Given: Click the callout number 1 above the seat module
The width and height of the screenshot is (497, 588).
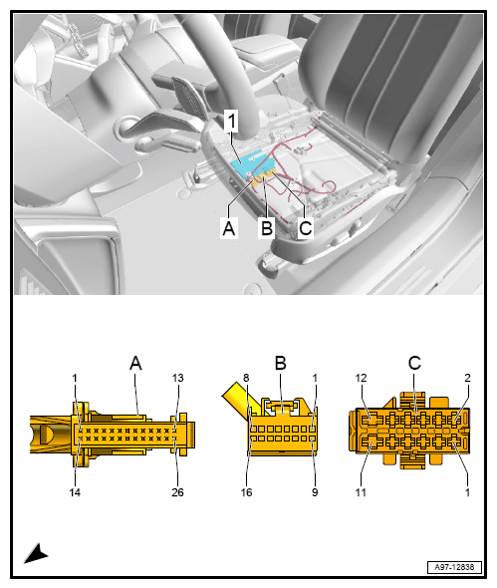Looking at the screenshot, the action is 231,121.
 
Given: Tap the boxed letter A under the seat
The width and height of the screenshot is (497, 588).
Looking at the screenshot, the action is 229,227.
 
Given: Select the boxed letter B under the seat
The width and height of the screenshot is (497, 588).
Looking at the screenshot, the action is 267,227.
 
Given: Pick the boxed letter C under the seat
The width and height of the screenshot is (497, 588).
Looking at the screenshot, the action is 306,227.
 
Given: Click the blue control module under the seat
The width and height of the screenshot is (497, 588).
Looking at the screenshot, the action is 249,163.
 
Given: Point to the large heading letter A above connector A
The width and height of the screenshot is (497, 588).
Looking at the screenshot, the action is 135,364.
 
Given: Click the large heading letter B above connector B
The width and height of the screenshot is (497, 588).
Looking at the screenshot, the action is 280,363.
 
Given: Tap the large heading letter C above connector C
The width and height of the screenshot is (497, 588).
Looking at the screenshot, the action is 414,363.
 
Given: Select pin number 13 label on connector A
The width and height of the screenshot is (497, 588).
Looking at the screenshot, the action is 178,378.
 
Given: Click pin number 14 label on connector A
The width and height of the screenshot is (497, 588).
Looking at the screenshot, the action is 75,492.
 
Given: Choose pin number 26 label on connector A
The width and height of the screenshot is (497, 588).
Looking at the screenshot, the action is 177,492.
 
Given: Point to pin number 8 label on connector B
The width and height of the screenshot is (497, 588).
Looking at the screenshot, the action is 246,378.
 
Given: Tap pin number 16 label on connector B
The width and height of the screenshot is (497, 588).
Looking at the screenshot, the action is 246,492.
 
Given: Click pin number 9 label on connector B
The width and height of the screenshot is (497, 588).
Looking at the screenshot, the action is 315,492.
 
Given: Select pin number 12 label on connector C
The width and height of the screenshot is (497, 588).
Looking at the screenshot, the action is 361,378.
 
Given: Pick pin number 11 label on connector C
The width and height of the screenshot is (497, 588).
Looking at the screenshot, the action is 361,492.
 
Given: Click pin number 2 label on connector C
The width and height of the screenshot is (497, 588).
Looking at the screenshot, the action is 467,378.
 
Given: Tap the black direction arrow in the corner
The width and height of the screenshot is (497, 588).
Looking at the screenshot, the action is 36,553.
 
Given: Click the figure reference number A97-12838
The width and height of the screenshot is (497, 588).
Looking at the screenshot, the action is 454,567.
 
